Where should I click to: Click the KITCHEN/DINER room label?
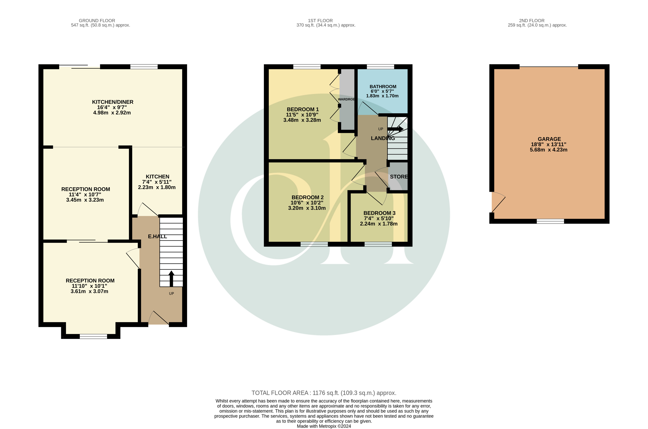[x=112, y=102]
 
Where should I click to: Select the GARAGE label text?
[x=549, y=139]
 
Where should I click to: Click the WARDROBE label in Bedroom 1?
[x=346, y=99]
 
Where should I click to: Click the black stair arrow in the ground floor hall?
[x=171, y=278]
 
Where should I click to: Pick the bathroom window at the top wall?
[x=380, y=66]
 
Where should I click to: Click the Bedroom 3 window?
[x=378, y=244]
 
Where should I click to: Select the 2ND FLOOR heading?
[x=532, y=20]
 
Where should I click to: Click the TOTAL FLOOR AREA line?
[x=324, y=393]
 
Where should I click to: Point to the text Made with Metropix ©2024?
[x=324, y=426]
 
